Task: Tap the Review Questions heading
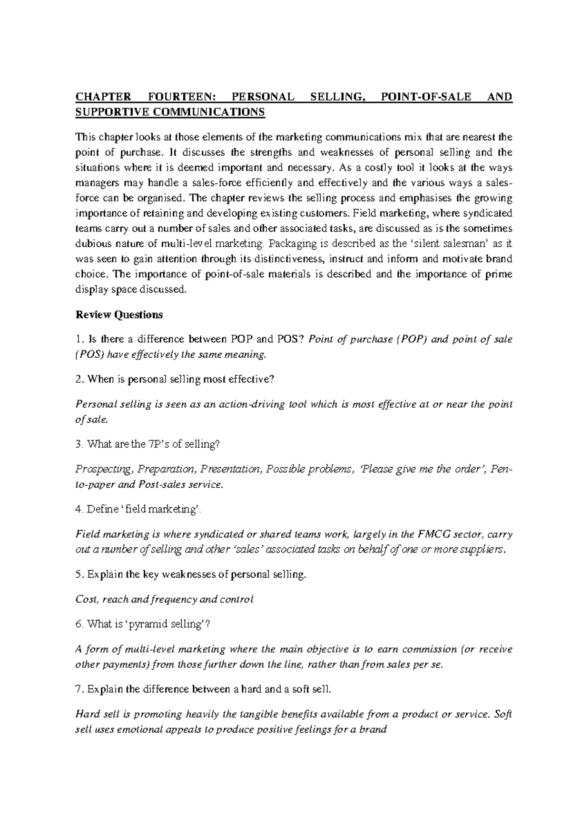(x=119, y=315)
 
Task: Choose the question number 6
(x=79, y=624)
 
